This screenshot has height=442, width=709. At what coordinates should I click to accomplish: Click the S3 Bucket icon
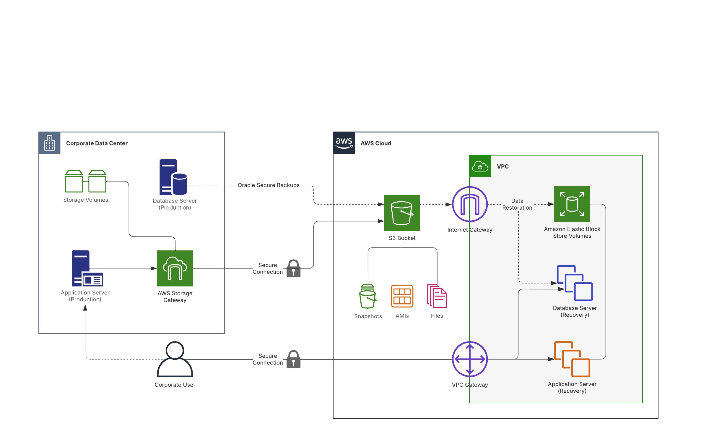point(402,213)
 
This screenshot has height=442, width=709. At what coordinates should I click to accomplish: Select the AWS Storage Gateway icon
point(175,268)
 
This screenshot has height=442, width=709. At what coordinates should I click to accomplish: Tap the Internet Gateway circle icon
point(470,204)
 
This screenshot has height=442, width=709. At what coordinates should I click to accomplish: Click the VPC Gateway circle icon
point(470,359)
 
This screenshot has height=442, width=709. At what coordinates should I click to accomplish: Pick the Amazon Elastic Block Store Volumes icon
point(572,204)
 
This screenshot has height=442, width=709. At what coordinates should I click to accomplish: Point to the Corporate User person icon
point(175,359)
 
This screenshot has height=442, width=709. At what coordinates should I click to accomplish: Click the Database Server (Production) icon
point(173,177)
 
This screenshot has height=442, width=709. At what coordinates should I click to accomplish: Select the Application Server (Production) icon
point(87,268)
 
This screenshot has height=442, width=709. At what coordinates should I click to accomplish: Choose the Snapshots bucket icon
point(367,296)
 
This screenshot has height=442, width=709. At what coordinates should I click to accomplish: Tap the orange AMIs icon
point(402,296)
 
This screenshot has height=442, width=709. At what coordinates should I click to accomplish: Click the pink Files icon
point(437,296)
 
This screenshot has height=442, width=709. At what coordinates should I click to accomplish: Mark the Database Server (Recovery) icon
point(575,283)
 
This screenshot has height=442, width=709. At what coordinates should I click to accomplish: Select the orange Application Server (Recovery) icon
point(572,359)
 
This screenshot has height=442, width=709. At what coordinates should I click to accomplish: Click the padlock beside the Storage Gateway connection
point(293,268)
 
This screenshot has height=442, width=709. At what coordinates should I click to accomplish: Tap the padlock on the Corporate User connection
point(293,359)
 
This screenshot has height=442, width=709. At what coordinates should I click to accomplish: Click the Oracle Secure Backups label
point(269,185)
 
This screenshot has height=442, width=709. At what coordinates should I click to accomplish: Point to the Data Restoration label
point(517,204)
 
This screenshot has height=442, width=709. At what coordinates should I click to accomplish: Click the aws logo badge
point(344,143)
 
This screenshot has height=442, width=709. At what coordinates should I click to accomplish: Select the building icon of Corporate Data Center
point(50,143)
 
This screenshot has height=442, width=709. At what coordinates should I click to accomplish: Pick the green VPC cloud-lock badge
point(480,166)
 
